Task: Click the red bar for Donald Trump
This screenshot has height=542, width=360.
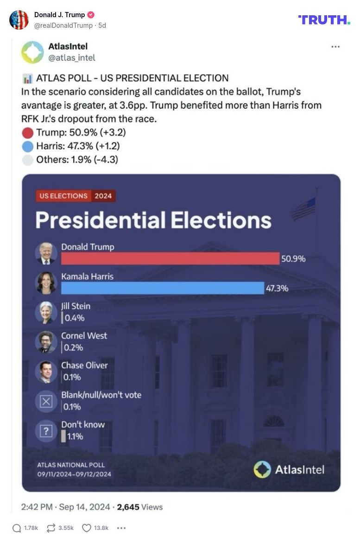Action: click(x=170, y=258)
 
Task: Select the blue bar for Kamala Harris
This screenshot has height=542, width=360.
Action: click(x=162, y=288)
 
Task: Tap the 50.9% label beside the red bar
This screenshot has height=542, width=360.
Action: click(x=293, y=259)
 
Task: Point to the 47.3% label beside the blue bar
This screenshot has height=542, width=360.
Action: click(x=277, y=288)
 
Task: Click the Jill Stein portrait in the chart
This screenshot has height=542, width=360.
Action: click(x=46, y=312)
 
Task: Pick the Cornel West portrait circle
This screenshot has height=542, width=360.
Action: click(x=46, y=342)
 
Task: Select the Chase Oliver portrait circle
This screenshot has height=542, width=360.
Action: click(x=46, y=372)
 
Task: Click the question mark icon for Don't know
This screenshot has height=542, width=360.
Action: click(x=46, y=431)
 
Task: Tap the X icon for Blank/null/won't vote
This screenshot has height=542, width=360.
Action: click(x=46, y=401)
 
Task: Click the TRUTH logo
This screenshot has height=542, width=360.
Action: click(x=324, y=19)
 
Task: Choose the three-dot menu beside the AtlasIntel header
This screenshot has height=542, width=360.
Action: click(x=335, y=47)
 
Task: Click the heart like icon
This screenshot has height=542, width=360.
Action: click(x=86, y=528)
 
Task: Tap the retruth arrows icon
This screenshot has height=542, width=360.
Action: click(x=51, y=528)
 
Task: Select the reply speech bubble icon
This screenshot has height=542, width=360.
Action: click(x=17, y=528)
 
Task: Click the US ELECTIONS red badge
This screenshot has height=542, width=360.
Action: click(x=63, y=196)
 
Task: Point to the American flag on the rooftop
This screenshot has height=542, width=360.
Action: click(x=304, y=208)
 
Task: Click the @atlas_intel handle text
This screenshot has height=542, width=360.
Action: click(x=71, y=57)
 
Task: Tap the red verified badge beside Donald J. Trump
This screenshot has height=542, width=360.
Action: click(x=91, y=15)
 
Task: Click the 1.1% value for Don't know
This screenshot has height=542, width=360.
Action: click(x=75, y=436)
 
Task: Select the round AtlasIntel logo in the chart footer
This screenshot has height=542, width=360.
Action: click(x=262, y=469)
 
